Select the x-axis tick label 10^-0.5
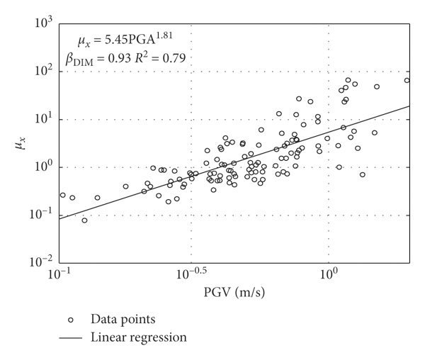[191, 274]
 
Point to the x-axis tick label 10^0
[329, 274]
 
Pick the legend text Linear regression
[139, 337]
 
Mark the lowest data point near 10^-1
[85, 220]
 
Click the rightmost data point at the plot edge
[407, 81]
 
